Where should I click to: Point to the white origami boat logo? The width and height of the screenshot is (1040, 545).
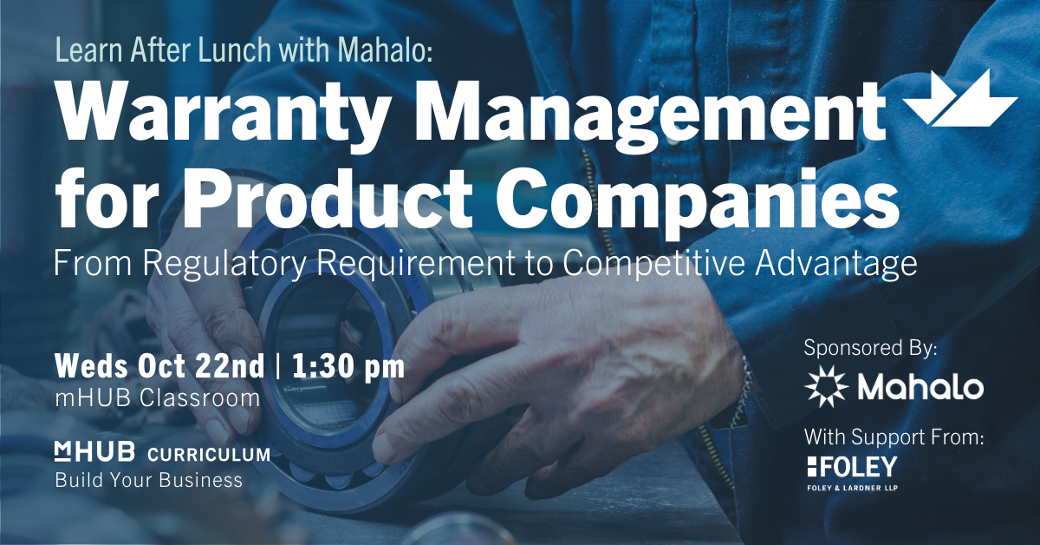(962, 99)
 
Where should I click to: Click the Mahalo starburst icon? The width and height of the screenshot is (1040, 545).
(827, 386)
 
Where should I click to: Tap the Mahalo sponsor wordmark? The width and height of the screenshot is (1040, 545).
(920, 387)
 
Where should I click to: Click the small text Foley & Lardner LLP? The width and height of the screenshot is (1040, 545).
(853, 488)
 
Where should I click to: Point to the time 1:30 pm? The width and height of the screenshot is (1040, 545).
(348, 367)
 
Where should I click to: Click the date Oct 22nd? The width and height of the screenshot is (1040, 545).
(201, 367)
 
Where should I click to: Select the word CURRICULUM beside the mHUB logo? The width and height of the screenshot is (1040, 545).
(209, 455)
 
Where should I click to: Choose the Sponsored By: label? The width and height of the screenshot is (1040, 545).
(870, 349)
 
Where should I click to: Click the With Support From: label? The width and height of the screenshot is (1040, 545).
(894, 437)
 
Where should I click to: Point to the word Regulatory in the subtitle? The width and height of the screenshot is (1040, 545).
(225, 264)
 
